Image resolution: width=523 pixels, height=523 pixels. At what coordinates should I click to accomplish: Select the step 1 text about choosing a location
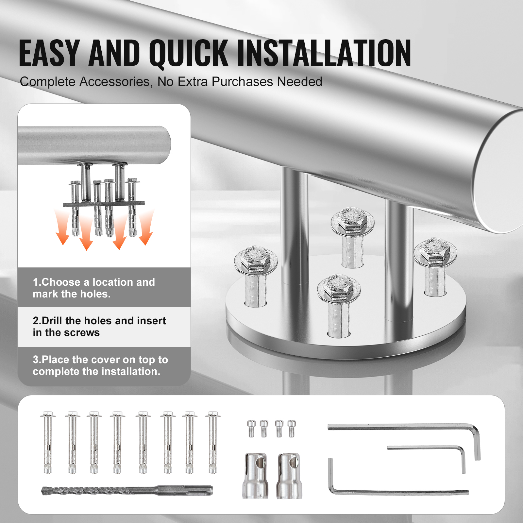94,288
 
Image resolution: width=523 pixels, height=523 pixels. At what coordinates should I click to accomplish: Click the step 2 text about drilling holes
99,327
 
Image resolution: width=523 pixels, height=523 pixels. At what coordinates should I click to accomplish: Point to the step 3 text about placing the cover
100,365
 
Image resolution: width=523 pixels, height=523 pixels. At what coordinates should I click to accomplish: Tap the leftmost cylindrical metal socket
255,476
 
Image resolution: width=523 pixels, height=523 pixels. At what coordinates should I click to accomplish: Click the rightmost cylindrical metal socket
289,476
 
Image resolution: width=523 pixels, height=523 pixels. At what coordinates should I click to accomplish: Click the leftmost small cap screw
251,429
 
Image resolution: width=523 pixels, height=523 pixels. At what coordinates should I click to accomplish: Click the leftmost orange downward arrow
62,229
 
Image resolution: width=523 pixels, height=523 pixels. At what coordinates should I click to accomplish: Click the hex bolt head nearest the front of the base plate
339,288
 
